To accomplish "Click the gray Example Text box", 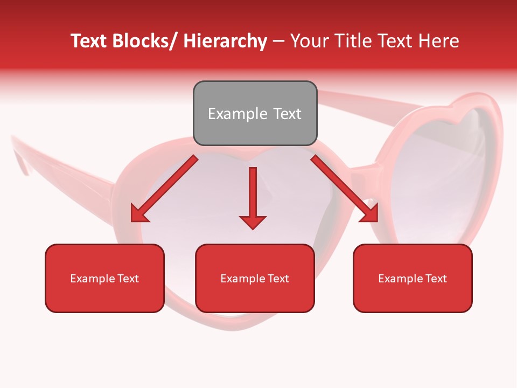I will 255,113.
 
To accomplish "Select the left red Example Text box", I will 104,278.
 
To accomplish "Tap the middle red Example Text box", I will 255,278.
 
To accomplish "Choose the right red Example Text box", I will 413,278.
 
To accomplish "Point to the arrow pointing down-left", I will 164,189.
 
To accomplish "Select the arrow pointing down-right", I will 345,189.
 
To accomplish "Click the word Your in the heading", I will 309,41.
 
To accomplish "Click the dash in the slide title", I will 278,41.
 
